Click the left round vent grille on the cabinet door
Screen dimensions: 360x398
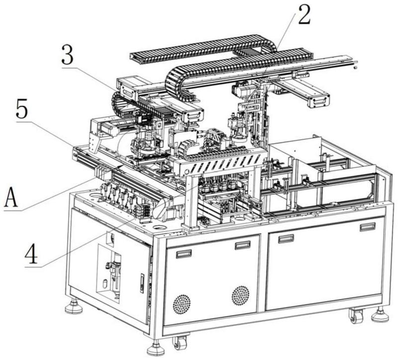click(182, 303)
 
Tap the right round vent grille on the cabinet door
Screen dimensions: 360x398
click(240, 295)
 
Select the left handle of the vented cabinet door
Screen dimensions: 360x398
click(184, 254)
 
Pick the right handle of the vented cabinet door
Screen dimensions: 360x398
click(243, 245)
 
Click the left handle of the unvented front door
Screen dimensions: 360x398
click(286, 238)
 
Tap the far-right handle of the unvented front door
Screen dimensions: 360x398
click(367, 227)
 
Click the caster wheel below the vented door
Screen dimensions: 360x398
click(180, 342)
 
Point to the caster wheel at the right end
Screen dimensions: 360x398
click(356, 316)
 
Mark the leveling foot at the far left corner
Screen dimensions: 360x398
click(74, 306)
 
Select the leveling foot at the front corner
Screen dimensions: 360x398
click(156, 348)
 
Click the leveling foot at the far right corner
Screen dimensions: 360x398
click(380, 314)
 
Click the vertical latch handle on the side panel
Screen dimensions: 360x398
click(142, 282)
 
